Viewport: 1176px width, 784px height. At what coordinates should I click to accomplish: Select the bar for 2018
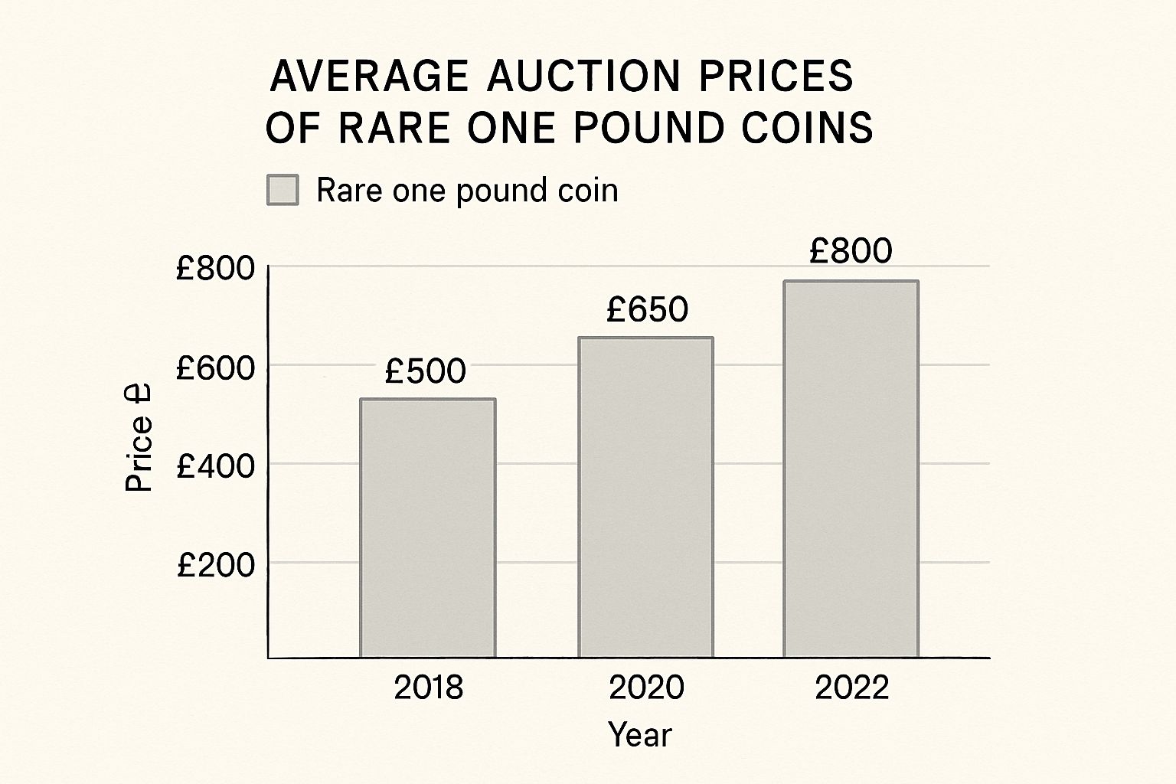tap(427, 528)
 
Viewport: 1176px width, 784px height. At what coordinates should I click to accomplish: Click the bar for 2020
tap(645, 497)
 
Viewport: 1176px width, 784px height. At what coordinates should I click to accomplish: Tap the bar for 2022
tap(851, 469)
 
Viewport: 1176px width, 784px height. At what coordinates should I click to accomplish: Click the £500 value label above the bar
tap(425, 371)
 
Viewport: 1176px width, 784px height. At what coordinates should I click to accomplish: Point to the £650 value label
tap(647, 309)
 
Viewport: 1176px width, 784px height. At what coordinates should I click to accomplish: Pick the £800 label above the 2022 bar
tap(851, 251)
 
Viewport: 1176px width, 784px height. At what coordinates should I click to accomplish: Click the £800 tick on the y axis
tap(215, 268)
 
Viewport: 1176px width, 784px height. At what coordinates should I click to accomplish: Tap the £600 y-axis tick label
tap(215, 368)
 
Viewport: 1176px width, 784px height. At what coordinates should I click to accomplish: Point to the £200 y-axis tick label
tap(215, 565)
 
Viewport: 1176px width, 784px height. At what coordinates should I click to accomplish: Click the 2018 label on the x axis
tap(428, 688)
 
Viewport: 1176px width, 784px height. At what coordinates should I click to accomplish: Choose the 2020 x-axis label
tap(646, 688)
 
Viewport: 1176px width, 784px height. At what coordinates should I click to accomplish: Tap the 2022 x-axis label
tap(851, 688)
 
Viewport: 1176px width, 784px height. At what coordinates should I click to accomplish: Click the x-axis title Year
tap(640, 735)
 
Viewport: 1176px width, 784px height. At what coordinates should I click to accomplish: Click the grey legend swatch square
tap(283, 190)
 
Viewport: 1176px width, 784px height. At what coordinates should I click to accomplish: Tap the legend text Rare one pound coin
tap(467, 190)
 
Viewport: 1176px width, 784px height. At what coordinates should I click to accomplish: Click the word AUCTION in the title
tap(583, 77)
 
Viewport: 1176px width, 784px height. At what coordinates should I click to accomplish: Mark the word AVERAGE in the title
tap(369, 77)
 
